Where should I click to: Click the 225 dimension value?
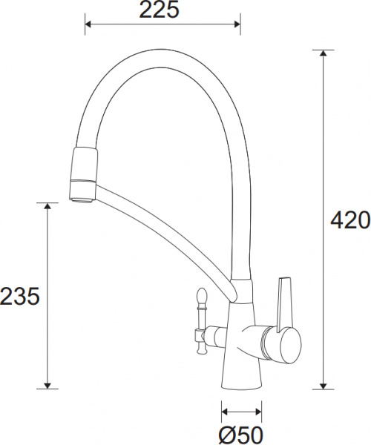(x=161, y=10)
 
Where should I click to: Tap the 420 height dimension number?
(x=349, y=220)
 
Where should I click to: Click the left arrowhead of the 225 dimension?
(x=90, y=25)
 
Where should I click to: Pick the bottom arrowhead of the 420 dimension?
(x=323, y=383)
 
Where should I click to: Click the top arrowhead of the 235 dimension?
(x=47, y=207)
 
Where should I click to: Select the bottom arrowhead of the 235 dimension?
(x=47, y=383)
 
